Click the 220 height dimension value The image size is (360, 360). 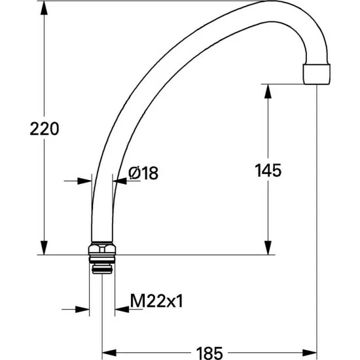click(x=45, y=129)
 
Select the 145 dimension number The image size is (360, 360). click(x=268, y=171)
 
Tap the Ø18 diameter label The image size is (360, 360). click(x=144, y=173)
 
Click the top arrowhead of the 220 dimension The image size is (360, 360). click(x=45, y=8)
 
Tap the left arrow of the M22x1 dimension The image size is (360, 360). click(x=82, y=308)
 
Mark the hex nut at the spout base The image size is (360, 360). click(x=101, y=249)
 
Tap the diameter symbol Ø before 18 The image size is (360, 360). click(x=134, y=173)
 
